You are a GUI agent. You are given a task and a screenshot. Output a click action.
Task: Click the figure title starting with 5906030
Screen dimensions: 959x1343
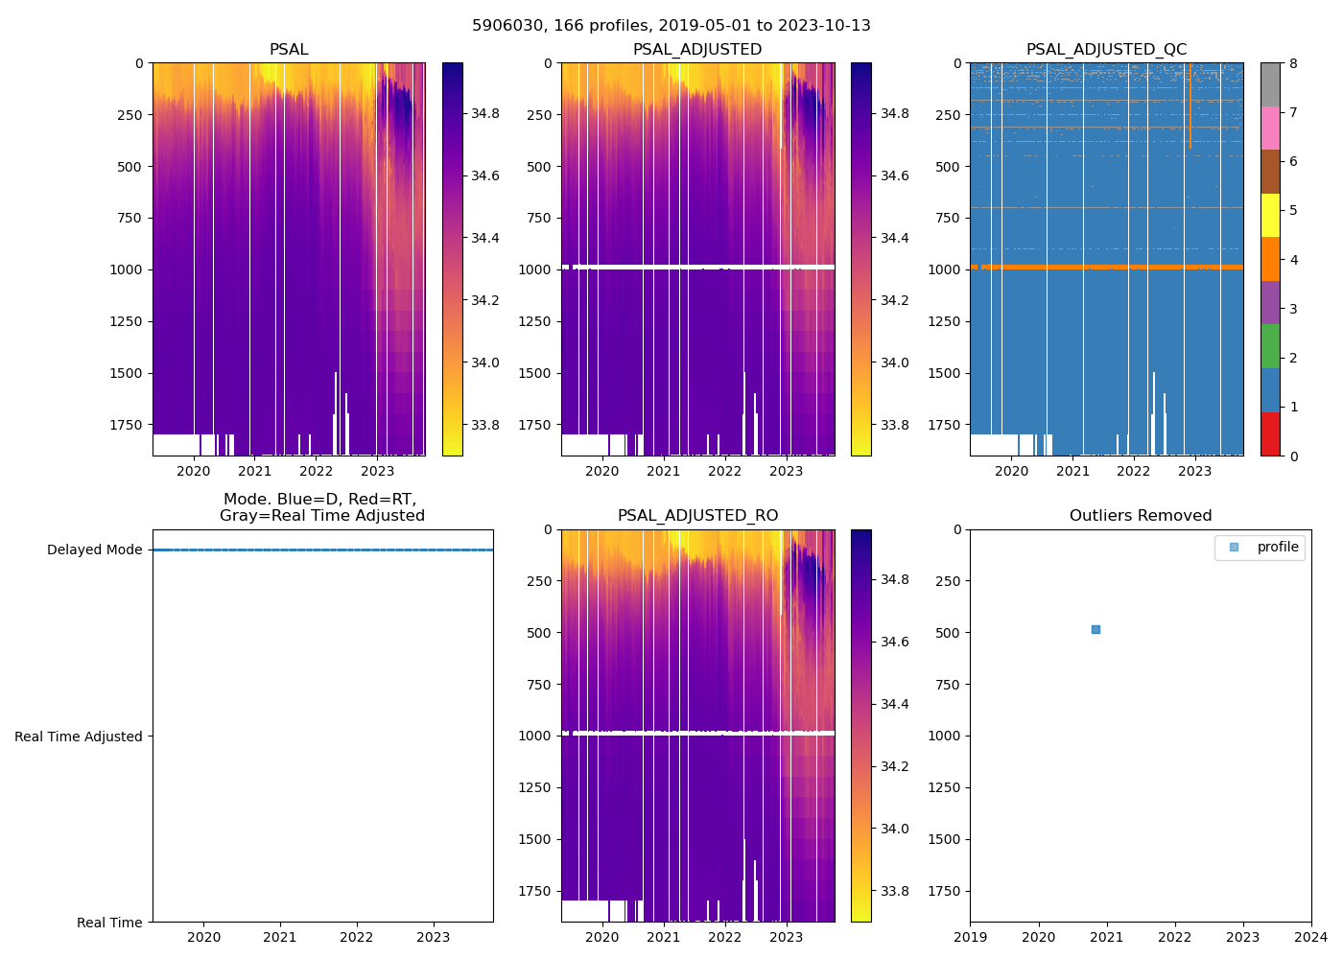click(x=671, y=26)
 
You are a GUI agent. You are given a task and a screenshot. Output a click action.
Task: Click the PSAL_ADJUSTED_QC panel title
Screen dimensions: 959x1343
click(x=1106, y=50)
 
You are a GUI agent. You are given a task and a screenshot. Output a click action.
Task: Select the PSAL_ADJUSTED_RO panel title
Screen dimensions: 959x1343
click(x=697, y=516)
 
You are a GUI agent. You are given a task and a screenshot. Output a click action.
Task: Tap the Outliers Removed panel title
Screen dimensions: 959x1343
click(x=1141, y=516)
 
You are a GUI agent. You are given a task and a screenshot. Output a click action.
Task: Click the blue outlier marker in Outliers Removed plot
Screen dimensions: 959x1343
click(x=1096, y=630)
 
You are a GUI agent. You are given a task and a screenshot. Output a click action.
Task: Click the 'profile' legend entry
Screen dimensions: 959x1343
click(x=1277, y=548)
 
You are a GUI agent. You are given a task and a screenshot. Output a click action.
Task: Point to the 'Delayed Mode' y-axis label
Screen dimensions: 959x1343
click(x=94, y=550)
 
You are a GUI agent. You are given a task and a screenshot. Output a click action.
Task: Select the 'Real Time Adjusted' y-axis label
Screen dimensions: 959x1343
click(x=79, y=737)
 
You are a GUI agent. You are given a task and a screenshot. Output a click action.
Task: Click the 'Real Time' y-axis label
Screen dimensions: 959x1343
click(x=109, y=923)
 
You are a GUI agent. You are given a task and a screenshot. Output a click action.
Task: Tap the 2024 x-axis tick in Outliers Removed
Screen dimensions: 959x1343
click(x=1311, y=937)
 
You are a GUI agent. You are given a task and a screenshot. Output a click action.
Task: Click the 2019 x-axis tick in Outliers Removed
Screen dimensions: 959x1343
click(x=970, y=937)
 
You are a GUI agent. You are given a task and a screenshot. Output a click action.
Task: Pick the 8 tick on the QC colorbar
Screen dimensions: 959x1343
click(x=1293, y=63)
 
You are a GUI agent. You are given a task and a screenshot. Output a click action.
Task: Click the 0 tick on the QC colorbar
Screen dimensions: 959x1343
click(x=1293, y=456)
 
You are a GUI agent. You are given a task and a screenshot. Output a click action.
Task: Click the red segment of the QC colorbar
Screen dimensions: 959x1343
click(x=1270, y=433)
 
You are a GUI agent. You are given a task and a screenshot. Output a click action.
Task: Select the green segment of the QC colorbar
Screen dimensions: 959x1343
click(x=1270, y=346)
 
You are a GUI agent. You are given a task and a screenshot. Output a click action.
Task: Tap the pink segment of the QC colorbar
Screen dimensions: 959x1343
click(x=1270, y=128)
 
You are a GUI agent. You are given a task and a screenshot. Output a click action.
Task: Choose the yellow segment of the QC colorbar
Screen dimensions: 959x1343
click(x=1270, y=215)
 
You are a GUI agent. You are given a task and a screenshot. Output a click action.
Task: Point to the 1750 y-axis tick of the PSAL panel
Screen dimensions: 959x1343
click(x=126, y=425)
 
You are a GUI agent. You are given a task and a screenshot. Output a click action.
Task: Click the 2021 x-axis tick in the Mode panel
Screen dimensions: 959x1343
click(x=280, y=937)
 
